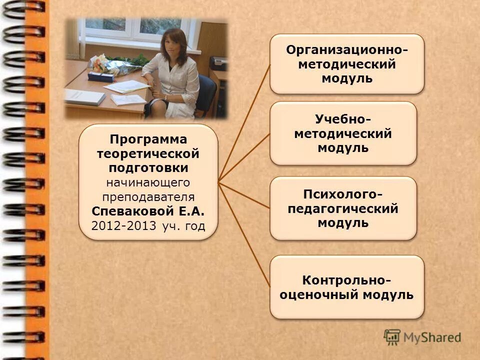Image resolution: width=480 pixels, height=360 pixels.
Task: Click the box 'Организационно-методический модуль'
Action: tap(346, 64)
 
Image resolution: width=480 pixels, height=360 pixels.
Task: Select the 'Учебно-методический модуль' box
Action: tap(343, 133)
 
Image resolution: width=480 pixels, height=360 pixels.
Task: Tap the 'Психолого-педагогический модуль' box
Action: tap(343, 208)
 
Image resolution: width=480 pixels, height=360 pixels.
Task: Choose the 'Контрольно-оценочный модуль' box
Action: tap(346, 287)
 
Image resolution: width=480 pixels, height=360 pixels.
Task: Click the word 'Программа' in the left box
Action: tap(148, 139)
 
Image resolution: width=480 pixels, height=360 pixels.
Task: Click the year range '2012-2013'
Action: tap(124, 225)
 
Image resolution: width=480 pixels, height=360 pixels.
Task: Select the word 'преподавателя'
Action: tap(148, 196)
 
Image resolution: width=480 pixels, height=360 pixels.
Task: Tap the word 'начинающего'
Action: tap(148, 182)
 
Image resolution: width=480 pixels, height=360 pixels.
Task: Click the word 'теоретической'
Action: tap(148, 153)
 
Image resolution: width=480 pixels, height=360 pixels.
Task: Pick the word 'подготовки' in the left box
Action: tap(148, 167)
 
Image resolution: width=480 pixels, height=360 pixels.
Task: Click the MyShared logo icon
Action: tap(392, 336)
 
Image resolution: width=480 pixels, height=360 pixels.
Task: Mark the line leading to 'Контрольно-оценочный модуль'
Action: tap(245, 235)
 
